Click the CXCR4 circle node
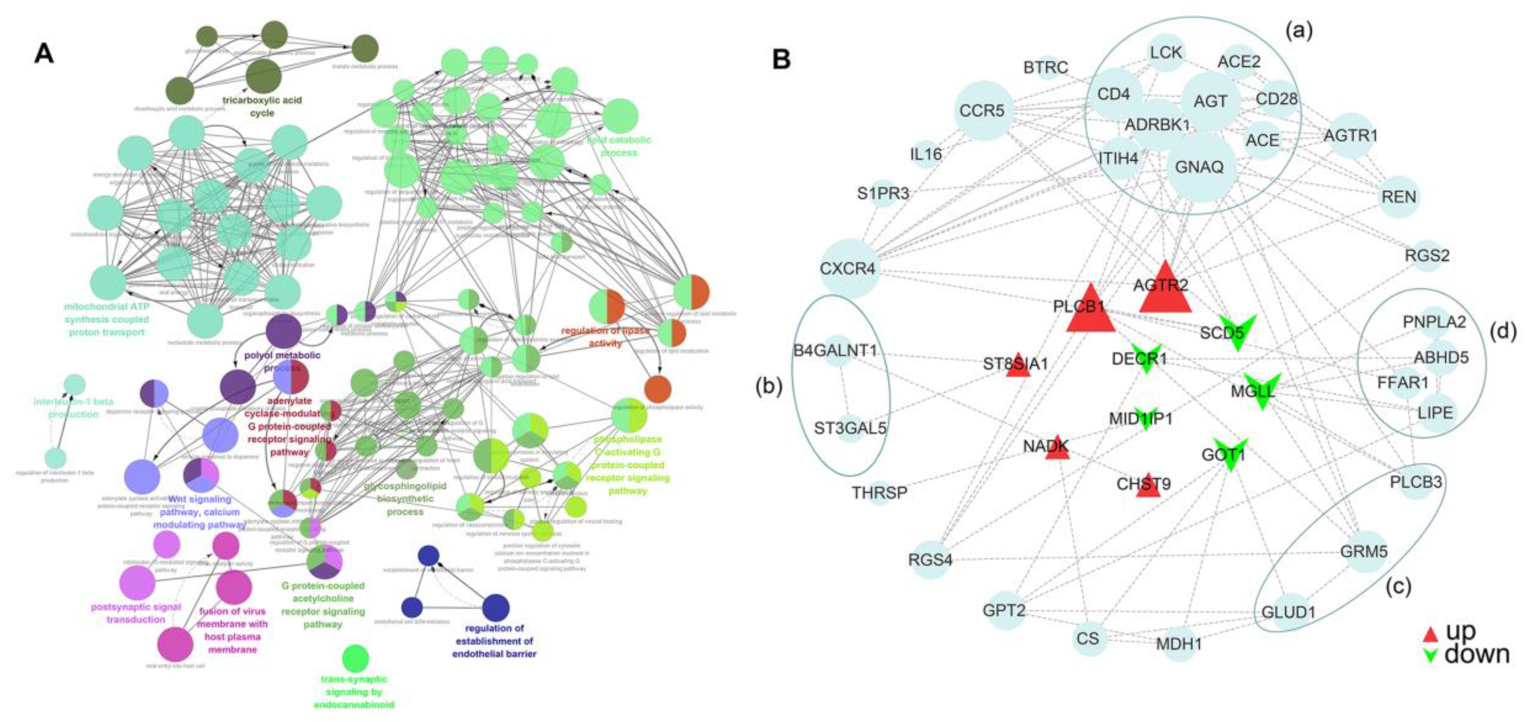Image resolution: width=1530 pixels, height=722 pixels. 848,269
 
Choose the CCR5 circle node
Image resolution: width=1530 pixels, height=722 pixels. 982,110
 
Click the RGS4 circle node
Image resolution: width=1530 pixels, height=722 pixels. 930,560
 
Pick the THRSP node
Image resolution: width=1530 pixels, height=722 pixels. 880,492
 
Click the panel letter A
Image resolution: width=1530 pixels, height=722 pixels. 45,53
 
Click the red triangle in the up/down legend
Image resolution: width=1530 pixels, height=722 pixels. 1430,635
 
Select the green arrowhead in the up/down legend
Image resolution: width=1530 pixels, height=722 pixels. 1430,655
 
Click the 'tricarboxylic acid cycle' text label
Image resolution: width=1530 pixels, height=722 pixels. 262,106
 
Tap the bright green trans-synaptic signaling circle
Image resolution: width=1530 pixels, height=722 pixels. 355,658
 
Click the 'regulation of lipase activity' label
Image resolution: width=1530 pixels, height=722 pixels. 605,336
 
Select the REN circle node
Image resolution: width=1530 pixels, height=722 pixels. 1399,197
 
